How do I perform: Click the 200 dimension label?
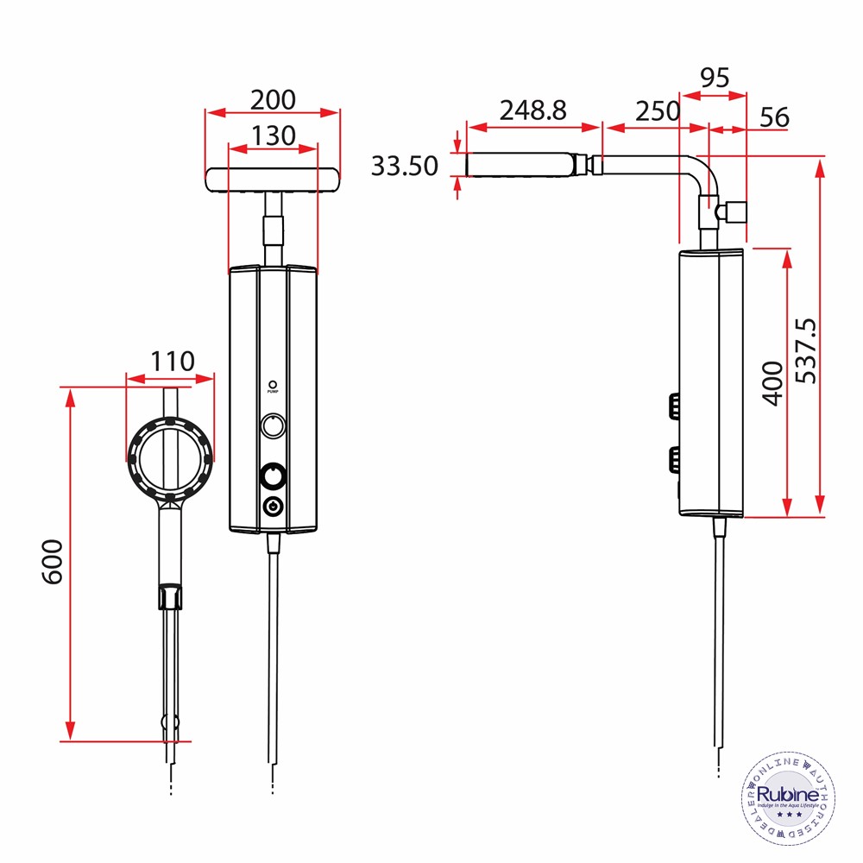click(273, 100)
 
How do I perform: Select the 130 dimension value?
click(273, 135)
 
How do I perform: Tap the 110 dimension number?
click(173, 361)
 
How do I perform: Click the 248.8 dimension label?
click(533, 110)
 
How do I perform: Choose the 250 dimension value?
click(658, 111)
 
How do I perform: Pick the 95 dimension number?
click(714, 78)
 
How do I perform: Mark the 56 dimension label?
click(775, 117)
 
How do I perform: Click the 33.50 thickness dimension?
click(405, 165)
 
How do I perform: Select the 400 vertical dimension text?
click(772, 382)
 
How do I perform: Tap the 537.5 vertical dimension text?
click(807, 350)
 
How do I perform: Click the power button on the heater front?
click(273, 507)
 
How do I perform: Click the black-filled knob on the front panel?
click(273, 476)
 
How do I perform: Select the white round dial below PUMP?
click(273, 425)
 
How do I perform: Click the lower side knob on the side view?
click(672, 458)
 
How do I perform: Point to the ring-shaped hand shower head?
click(171, 458)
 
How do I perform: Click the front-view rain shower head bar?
click(273, 179)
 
